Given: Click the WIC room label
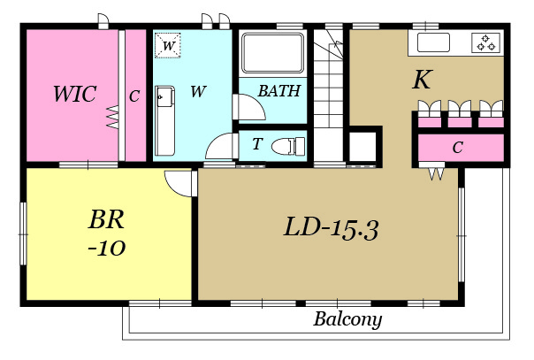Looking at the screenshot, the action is click(75, 94).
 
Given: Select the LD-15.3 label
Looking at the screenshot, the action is click(331, 228).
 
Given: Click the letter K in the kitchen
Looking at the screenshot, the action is click(423, 80).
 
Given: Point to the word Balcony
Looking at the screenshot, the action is click(347, 320).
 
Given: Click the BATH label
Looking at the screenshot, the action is click(279, 91).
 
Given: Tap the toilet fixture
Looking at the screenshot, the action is click(288, 146).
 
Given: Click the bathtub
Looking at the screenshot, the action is click(272, 53).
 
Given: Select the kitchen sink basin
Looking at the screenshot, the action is click(433, 42).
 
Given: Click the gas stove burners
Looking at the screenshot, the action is click(485, 43).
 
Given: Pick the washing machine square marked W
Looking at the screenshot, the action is click(168, 45).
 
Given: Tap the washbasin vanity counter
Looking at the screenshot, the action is click(164, 121).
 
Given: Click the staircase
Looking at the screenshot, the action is click(328, 96).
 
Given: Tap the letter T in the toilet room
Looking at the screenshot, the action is click(257, 143).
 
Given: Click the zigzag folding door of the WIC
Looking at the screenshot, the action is click(113, 117).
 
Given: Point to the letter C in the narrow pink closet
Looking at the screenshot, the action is click(134, 96).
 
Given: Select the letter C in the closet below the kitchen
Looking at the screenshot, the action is click(458, 148).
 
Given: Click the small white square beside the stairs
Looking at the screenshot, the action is click(362, 147).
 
